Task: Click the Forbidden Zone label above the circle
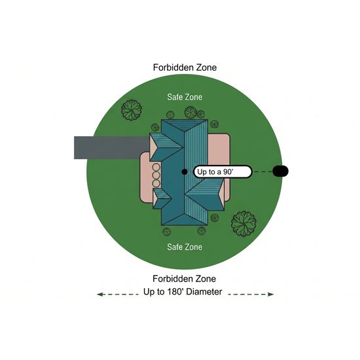pos(185,67)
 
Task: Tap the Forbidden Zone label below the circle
pos(184,279)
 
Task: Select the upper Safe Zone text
pos(185,97)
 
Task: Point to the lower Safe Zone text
pos(185,247)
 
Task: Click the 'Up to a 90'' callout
pos(223,171)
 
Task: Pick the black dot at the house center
pos(185,171)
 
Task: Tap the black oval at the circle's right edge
pos(280,171)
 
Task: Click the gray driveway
pos(111,147)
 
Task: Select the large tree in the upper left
pos(131,110)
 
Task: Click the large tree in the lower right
pos(243,224)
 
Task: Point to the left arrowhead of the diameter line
pos(99,294)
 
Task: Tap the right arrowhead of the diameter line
pos(271,294)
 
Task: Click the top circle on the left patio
pos(156,167)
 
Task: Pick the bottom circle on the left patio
pos(156,183)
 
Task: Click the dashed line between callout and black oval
pos(262,171)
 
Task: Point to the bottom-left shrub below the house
pos(166,232)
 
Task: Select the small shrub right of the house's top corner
pos(214,124)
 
